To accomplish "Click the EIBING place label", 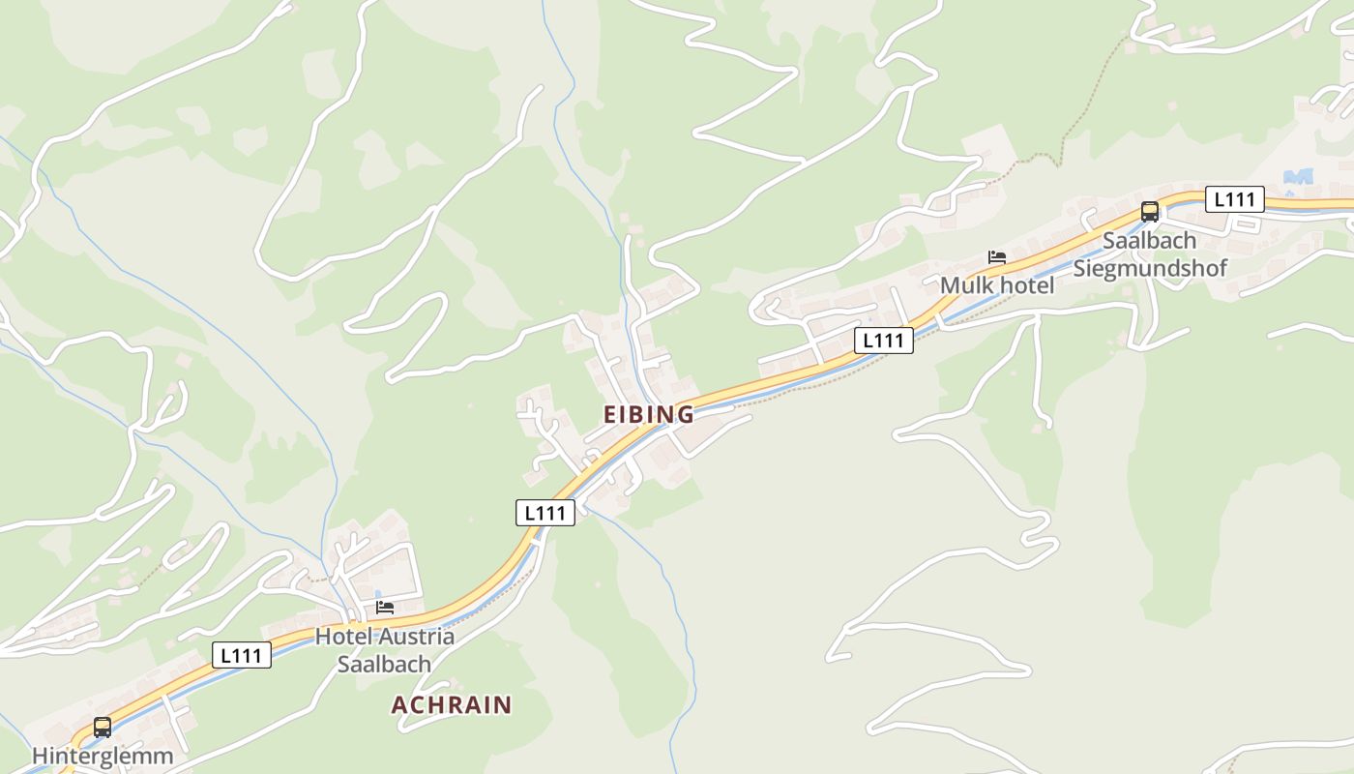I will pyautogui.click(x=649, y=415).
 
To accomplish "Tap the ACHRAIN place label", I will pyautogui.click(x=452, y=704).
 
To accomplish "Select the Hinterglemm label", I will pyautogui.click(x=103, y=756).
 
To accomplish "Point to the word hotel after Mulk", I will pyautogui.click(x=1024, y=286).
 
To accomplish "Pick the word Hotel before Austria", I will pyautogui.click(x=343, y=637).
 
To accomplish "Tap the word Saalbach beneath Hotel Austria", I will pyautogui.click(x=384, y=665).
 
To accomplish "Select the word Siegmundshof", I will pyautogui.click(x=1150, y=267).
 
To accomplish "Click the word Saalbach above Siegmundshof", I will pyautogui.click(x=1150, y=240).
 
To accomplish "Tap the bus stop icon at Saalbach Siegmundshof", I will pyautogui.click(x=1150, y=211).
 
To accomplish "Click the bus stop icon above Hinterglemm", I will pyautogui.click(x=103, y=728).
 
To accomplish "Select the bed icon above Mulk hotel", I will pyautogui.click(x=997, y=257).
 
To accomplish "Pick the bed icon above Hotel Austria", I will pyautogui.click(x=385, y=608).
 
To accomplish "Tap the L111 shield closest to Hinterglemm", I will pyautogui.click(x=242, y=655).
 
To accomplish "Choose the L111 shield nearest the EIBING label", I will pyautogui.click(x=545, y=513).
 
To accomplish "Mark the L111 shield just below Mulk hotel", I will pyautogui.click(x=884, y=340).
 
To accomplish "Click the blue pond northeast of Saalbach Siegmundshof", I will pyautogui.click(x=1298, y=177).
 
